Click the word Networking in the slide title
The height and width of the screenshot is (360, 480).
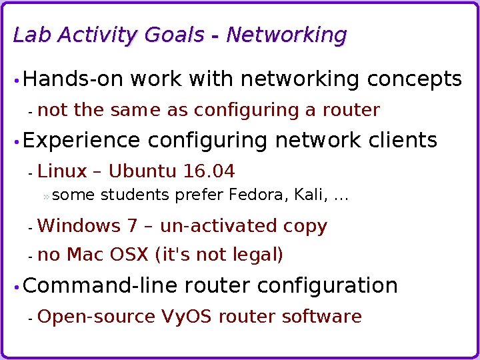coord(287,35)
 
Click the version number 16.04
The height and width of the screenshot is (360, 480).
coord(209,172)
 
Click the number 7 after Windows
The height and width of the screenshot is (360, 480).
coord(133,227)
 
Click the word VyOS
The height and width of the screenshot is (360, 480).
coord(187,317)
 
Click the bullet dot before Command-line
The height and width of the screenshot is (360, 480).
coord(16,287)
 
